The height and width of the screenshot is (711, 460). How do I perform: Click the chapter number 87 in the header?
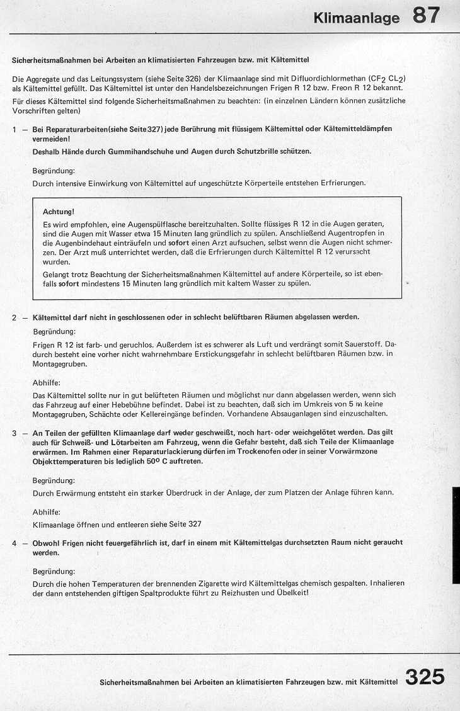point(427,14)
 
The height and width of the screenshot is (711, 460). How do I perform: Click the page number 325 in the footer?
point(425,678)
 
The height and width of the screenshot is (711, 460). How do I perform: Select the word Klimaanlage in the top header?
point(356,18)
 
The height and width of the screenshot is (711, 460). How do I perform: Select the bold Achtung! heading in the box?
point(59,212)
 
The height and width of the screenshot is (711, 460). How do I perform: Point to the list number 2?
point(14,317)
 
